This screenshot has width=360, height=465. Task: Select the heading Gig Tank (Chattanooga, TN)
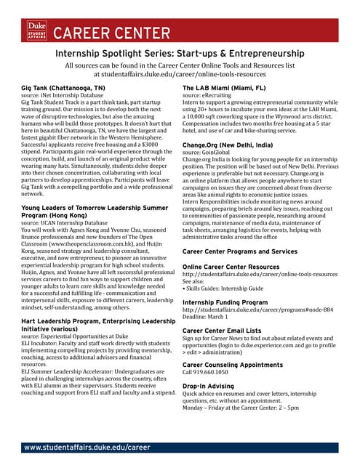(x=63, y=88)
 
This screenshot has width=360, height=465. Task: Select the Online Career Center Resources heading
(x=236, y=267)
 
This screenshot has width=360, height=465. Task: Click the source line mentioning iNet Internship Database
(x=65, y=95)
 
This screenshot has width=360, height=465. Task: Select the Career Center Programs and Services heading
(x=240, y=251)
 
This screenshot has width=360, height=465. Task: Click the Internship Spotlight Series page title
(x=180, y=54)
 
